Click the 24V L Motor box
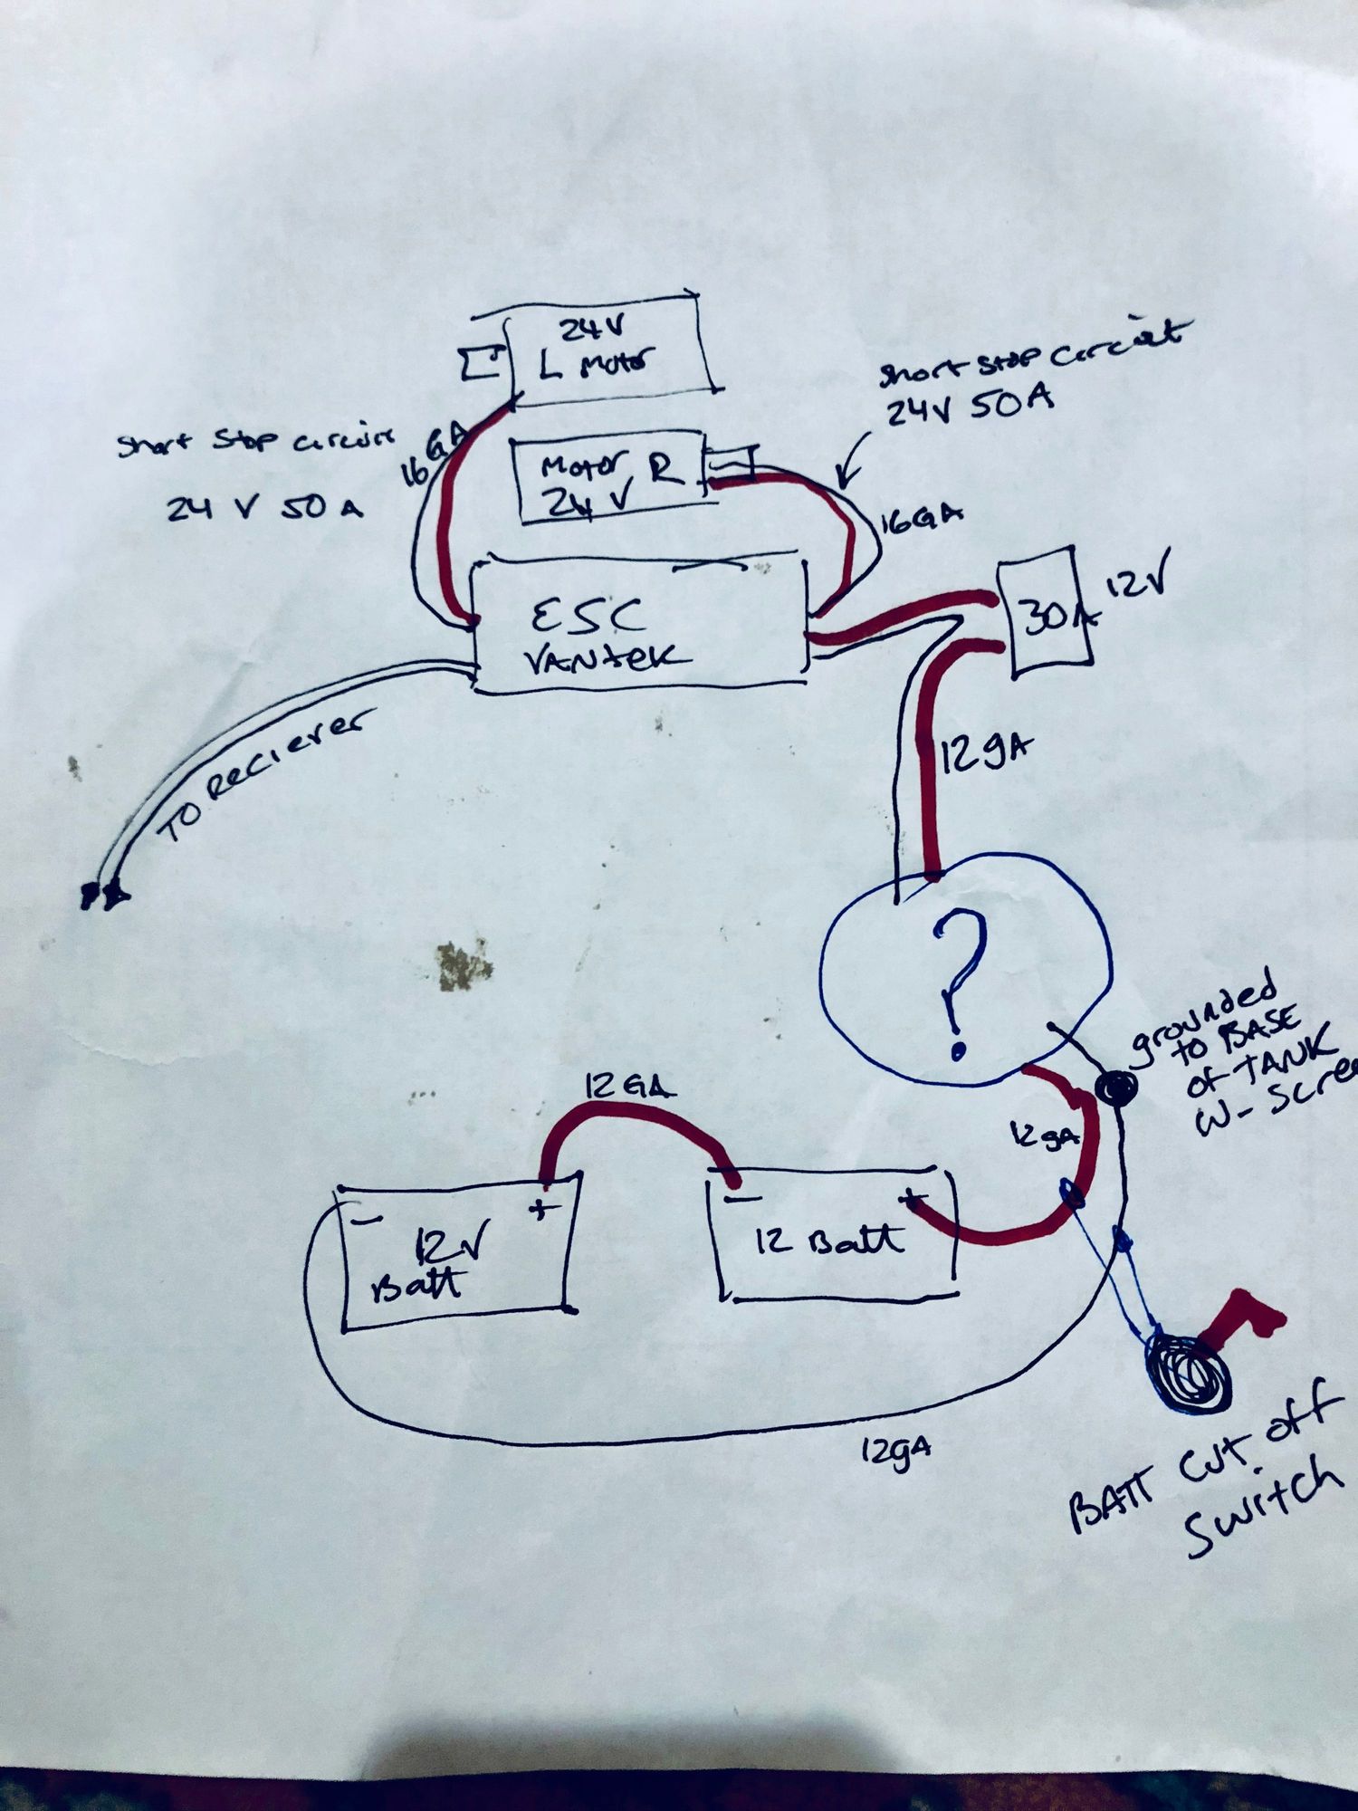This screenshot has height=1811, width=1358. point(607,349)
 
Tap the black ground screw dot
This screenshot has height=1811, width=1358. point(1116,1087)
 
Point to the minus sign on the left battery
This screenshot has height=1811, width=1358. point(365,1219)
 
